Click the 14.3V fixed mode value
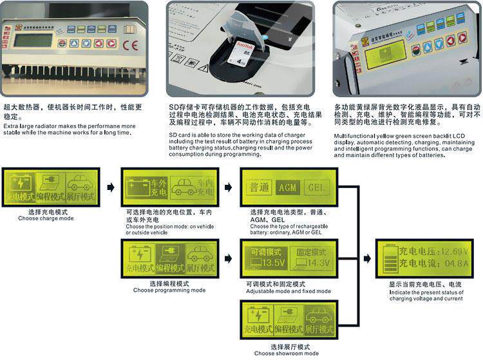pos(317,263)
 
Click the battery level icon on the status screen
pos(388,258)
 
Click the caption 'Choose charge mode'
pos(46,218)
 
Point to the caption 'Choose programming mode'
pos(169,290)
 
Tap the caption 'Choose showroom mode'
pos(286,354)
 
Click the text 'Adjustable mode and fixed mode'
pos(289,290)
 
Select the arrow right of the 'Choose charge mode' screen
pos(110,187)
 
